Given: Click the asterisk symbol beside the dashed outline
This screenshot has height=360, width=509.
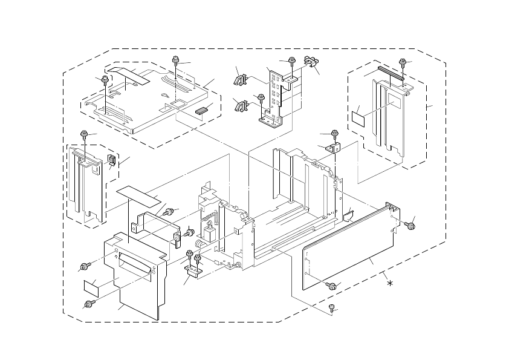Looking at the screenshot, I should coord(391,284).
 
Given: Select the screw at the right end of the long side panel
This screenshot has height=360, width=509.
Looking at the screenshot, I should coord(410,226).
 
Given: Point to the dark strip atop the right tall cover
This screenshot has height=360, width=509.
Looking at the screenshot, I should coord(391,73).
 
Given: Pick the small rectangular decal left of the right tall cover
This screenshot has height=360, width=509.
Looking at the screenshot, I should coord(359,117).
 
